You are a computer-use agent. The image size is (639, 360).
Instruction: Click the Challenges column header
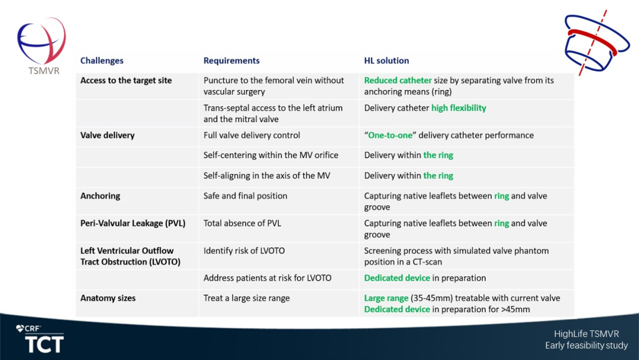click(x=102, y=61)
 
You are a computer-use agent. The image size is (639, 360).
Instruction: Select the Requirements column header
click(x=231, y=61)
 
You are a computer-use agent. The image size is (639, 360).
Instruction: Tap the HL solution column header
click(x=386, y=61)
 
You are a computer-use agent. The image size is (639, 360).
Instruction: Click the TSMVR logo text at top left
click(x=44, y=70)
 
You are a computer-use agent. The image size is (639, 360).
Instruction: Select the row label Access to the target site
click(x=126, y=81)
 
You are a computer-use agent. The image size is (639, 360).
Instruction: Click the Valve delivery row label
click(x=107, y=136)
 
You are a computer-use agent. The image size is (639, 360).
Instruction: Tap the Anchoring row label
click(x=100, y=196)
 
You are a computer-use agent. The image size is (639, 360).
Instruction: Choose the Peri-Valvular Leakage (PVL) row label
click(x=133, y=223)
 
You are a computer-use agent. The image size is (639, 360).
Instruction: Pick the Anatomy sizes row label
click(x=108, y=298)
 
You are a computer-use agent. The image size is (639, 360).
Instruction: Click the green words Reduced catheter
click(x=398, y=81)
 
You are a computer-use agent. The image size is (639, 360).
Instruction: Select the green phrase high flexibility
click(x=459, y=108)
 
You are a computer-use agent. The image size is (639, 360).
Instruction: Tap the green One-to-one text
click(x=390, y=136)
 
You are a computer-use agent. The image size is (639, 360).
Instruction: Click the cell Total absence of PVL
click(x=242, y=223)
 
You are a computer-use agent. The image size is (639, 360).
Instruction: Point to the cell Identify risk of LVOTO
click(x=244, y=250)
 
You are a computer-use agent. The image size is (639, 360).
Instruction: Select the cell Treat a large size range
click(x=247, y=298)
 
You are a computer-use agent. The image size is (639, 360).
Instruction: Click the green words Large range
click(x=386, y=298)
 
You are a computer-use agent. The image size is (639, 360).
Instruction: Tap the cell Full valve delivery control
click(x=251, y=136)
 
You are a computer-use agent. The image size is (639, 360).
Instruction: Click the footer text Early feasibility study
click(x=586, y=345)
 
